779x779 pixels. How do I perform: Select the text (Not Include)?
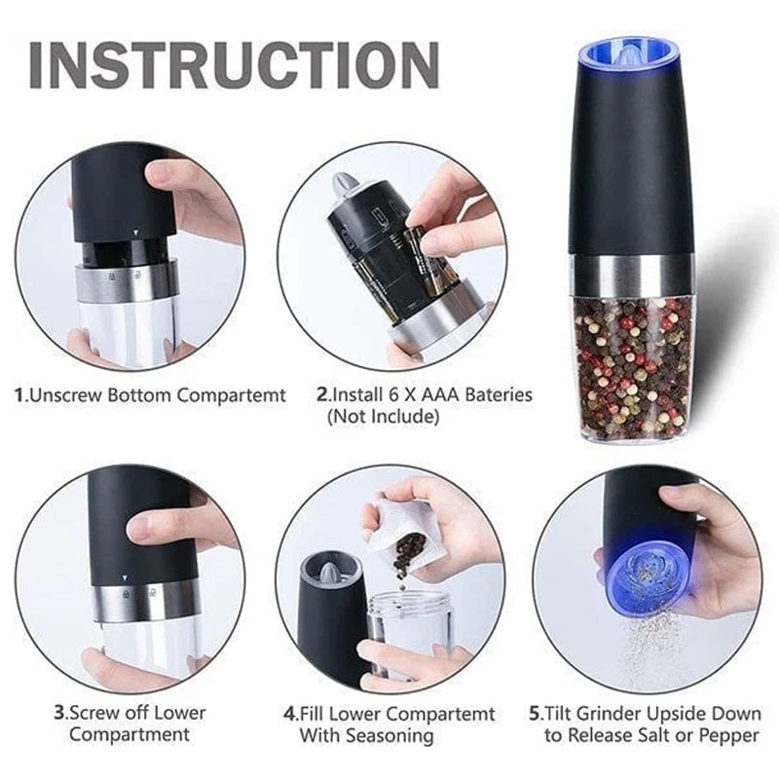coord(382,417)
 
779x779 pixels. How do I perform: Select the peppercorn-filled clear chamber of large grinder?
coord(632,370)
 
